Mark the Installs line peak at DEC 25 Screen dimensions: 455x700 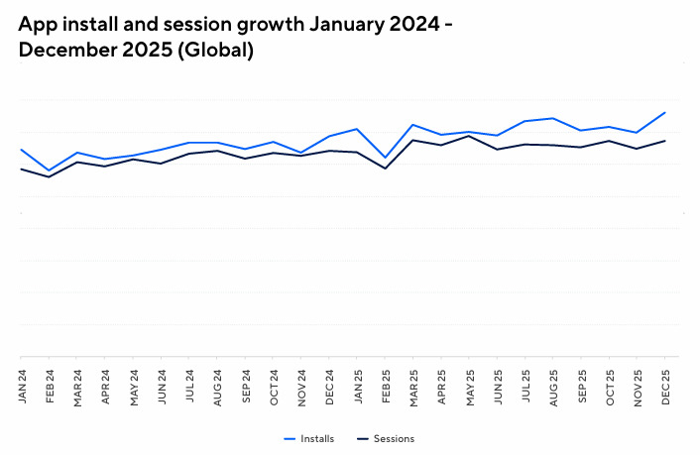pyautogui.click(x=664, y=112)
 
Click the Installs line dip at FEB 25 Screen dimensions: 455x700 pyautogui.click(x=385, y=158)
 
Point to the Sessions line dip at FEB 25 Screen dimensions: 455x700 pyautogui.click(x=385, y=169)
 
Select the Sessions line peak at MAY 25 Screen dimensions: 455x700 pyautogui.click(x=468, y=136)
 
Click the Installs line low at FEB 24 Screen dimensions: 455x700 pyautogui.click(x=49, y=171)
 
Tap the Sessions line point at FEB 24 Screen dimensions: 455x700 pyautogui.click(x=49, y=176)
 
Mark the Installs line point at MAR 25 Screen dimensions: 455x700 pyautogui.click(x=412, y=125)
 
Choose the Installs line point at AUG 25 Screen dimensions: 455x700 pyautogui.click(x=552, y=118)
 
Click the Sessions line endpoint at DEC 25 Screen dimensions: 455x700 pyautogui.click(x=664, y=141)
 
